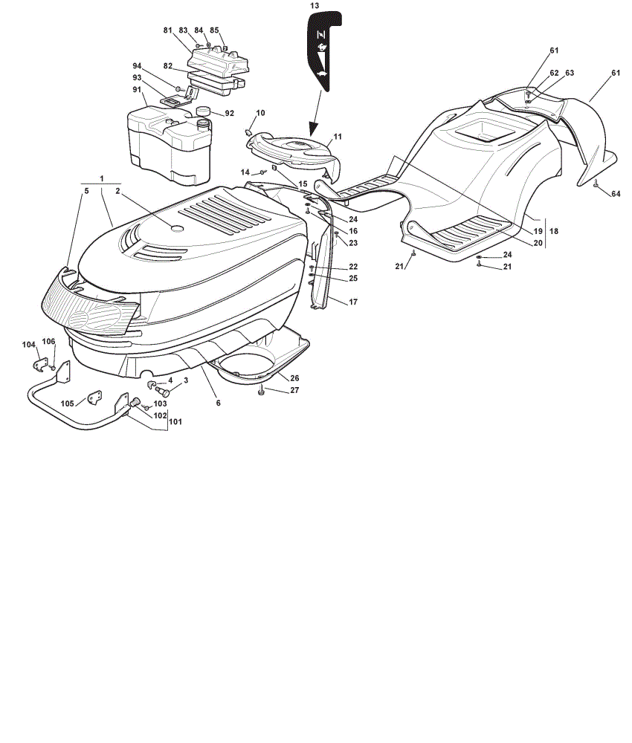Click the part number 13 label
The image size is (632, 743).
point(315,6)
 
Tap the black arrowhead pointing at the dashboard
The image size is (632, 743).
point(312,129)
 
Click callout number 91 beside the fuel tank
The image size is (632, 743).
point(137,89)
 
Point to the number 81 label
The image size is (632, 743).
point(167,30)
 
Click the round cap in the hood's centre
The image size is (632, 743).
point(177,228)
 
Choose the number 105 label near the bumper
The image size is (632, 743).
point(68,403)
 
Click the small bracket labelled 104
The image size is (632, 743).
point(40,364)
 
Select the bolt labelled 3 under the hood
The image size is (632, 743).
point(163,392)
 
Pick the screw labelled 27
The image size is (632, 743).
point(261,392)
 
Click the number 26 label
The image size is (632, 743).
point(295,378)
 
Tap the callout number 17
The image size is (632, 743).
point(353,302)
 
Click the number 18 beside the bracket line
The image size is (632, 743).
point(554,231)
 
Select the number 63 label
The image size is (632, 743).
point(570,73)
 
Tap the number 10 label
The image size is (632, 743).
point(260,113)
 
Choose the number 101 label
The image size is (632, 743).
point(175,422)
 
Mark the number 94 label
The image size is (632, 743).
point(137,66)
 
